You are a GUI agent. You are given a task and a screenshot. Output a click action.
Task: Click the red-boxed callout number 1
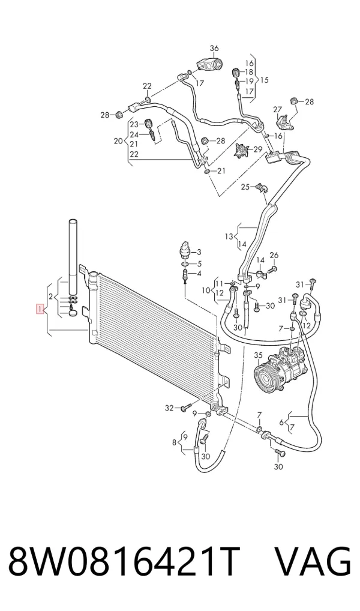click(x=40, y=309)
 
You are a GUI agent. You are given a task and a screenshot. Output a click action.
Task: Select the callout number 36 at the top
click(x=214, y=49)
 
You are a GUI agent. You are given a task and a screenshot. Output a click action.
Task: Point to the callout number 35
click(x=259, y=355)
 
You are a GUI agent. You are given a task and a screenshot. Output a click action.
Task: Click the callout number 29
click(x=259, y=149)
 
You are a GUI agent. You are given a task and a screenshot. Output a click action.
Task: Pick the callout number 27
click(x=277, y=109)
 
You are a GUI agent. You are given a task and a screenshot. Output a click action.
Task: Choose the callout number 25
click(x=245, y=187)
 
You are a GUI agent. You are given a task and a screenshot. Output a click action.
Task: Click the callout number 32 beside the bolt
click(x=169, y=408)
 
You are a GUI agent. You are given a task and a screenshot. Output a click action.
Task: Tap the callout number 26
click(x=274, y=255)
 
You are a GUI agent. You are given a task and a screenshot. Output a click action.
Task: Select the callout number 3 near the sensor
click(x=199, y=251)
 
